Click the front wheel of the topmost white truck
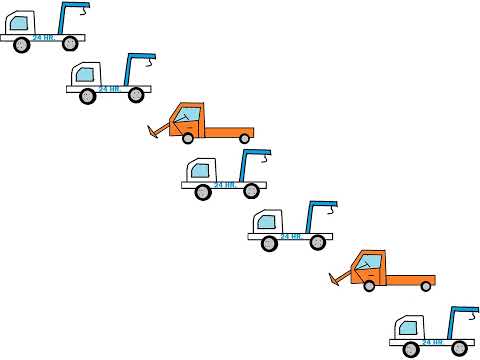[x=21, y=44]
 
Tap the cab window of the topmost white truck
[x=19, y=23]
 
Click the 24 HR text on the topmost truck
[x=43, y=38]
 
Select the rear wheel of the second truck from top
[x=136, y=96]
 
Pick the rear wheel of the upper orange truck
[x=244, y=138]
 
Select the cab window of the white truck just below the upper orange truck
[x=201, y=170]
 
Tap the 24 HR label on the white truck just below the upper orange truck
[x=225, y=185]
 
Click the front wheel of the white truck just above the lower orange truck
[x=269, y=243]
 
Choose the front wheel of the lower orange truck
[x=369, y=286]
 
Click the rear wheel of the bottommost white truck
[x=459, y=348]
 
